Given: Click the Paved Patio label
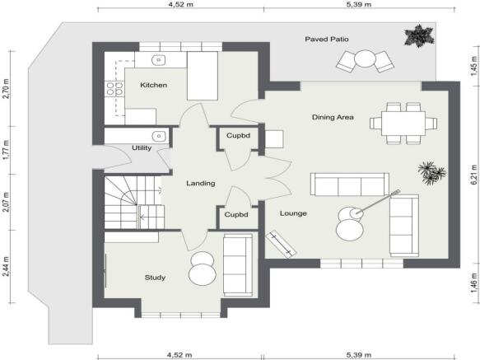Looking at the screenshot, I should point(328,39).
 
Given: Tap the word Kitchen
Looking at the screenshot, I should point(154,85).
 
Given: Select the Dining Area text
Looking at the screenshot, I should point(333,117).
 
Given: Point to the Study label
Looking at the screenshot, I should point(155,278).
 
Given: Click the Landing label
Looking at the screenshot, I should point(200,183).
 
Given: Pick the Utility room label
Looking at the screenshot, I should point(142,148).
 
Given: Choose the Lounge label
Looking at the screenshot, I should point(293,213).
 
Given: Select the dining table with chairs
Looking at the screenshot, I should point(403,122).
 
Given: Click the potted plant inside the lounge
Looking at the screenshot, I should point(431,172).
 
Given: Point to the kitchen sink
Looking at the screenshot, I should point(159,60).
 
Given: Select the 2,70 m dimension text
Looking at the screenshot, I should point(6,86).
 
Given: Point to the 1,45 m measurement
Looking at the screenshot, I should point(473,66).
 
